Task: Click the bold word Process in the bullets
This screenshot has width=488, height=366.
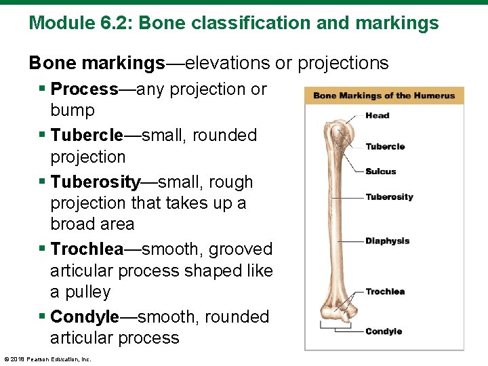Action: (85, 89)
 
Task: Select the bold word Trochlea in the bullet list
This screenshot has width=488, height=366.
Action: (87, 249)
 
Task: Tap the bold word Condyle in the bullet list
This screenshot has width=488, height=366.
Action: (84, 317)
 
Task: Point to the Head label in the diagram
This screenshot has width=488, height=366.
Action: (377, 115)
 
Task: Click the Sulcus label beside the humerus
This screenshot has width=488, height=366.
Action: (380, 171)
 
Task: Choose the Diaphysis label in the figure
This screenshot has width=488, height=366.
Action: (387, 241)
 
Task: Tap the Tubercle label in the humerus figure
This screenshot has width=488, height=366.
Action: (385, 146)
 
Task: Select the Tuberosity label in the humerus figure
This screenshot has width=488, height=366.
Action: (389, 197)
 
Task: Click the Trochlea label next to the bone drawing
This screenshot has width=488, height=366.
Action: (385, 291)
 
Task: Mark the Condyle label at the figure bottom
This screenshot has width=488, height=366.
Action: (384, 331)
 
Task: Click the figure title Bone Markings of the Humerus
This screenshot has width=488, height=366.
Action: (384, 96)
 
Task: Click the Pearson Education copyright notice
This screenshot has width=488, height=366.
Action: (47, 359)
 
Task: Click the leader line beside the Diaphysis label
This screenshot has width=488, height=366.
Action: (350, 241)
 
